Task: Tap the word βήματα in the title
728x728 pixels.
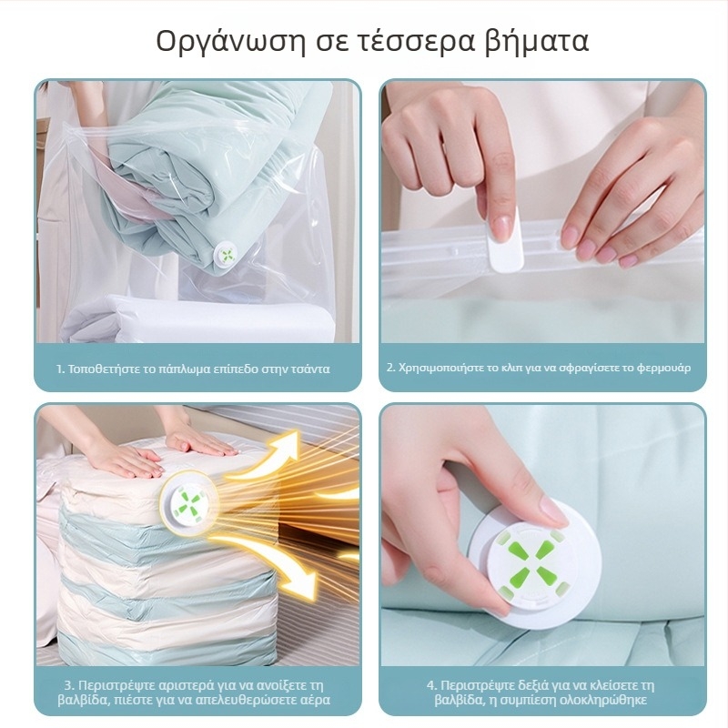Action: (536, 42)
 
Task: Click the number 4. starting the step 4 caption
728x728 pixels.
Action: (432, 686)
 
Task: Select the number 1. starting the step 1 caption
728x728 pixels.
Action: (60, 369)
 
